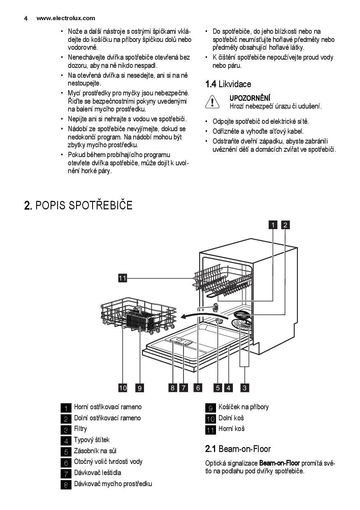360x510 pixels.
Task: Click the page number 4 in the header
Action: pos(26,18)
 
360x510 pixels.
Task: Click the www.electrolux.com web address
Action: pos(65,18)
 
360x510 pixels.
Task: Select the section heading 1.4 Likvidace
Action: pos(228,84)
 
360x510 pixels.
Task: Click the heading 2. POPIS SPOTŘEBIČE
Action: pos(78,205)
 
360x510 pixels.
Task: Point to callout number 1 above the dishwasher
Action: pos(273,225)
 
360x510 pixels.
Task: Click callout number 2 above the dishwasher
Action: pos(286,225)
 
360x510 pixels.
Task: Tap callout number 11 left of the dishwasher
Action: pos(122,278)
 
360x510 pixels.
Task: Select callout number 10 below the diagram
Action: pos(123,387)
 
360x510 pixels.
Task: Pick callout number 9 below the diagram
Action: pos(140,387)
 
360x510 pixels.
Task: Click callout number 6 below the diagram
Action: pos(198,387)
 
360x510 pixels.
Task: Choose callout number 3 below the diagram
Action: pos(245,387)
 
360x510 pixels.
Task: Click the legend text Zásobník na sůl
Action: pos(95,451)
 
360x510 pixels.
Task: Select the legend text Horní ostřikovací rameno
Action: pos(107,407)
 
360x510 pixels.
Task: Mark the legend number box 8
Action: pos(66,484)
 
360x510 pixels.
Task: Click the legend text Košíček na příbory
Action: pos(243,407)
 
